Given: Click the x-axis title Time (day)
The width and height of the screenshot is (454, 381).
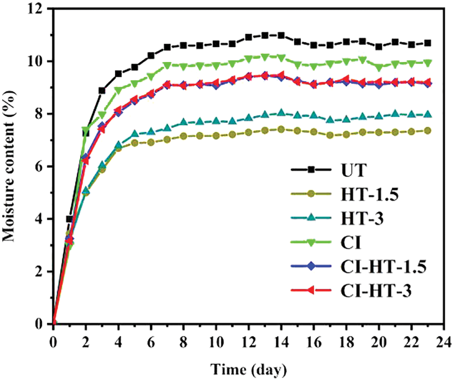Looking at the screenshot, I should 249,368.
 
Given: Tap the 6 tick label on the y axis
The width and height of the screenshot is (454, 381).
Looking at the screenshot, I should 39,167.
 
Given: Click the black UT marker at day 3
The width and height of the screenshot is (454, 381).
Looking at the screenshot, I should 102,90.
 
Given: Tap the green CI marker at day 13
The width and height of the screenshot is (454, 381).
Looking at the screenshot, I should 265,57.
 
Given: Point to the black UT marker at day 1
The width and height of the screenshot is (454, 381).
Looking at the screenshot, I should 70,219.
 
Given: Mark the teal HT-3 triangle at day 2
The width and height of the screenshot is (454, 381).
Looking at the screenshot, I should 86,191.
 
